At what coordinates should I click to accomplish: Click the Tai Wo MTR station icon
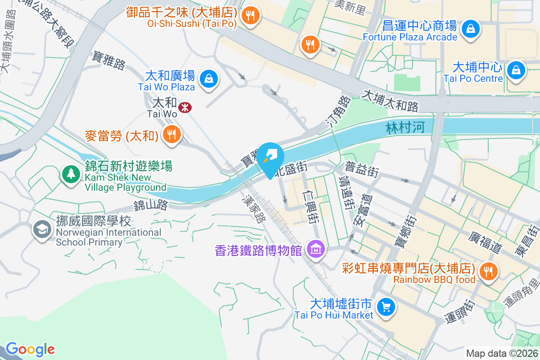point(184,107)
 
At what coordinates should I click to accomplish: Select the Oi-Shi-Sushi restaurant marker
point(249,16)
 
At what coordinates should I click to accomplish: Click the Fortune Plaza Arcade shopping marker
point(470,29)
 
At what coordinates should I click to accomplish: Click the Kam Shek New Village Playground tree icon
point(71,173)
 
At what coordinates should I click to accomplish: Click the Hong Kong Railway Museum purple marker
point(315,248)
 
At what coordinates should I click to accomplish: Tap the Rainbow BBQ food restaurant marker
point(488,271)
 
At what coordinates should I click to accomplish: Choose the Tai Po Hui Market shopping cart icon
point(386,307)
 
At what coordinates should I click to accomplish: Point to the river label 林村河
point(405,128)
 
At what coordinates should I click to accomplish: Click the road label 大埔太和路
point(391,100)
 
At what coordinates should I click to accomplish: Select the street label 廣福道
point(484,242)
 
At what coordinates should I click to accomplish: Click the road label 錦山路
point(150,206)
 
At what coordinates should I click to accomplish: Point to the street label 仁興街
point(311,207)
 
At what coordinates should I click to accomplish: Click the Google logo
point(30,349)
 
